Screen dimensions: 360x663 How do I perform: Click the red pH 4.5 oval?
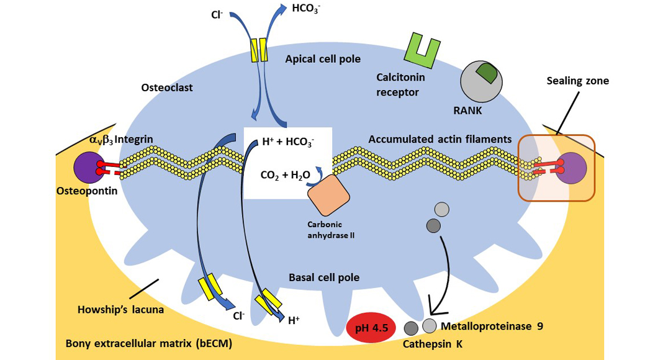[371, 328]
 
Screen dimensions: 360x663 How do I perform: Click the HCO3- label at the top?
[305, 9]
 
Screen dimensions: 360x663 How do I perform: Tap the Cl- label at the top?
[217, 14]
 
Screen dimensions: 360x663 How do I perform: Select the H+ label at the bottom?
[294, 321]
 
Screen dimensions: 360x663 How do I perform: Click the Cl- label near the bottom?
[238, 315]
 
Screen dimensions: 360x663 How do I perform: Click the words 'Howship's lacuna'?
[121, 309]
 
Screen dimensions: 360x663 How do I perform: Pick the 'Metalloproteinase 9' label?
[492, 326]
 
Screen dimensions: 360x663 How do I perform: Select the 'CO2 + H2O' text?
[285, 176]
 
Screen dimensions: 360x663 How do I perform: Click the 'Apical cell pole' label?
[323, 59]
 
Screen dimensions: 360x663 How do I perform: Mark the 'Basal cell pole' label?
[324, 277]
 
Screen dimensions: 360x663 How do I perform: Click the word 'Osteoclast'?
[167, 88]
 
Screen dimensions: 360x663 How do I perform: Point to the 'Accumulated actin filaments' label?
[440, 140]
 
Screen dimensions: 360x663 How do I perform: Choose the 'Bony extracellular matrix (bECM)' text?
[148, 343]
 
